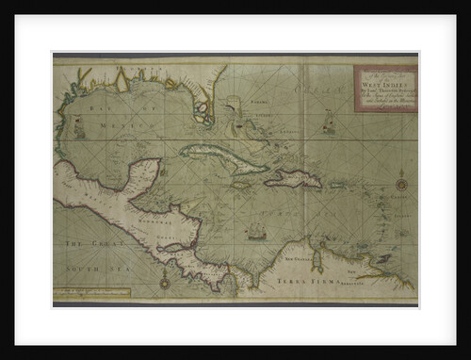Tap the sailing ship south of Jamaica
254,229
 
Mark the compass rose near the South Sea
165,281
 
